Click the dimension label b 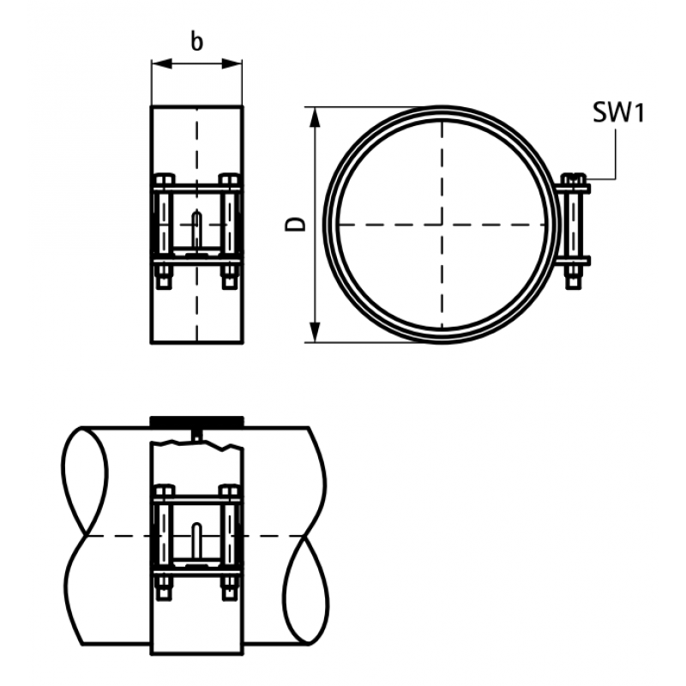click(197, 42)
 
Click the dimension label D click(296, 224)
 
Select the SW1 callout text click(618, 112)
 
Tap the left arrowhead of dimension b click(161, 64)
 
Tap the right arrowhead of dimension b click(232, 64)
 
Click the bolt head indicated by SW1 click(573, 179)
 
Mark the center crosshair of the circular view click(442, 225)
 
